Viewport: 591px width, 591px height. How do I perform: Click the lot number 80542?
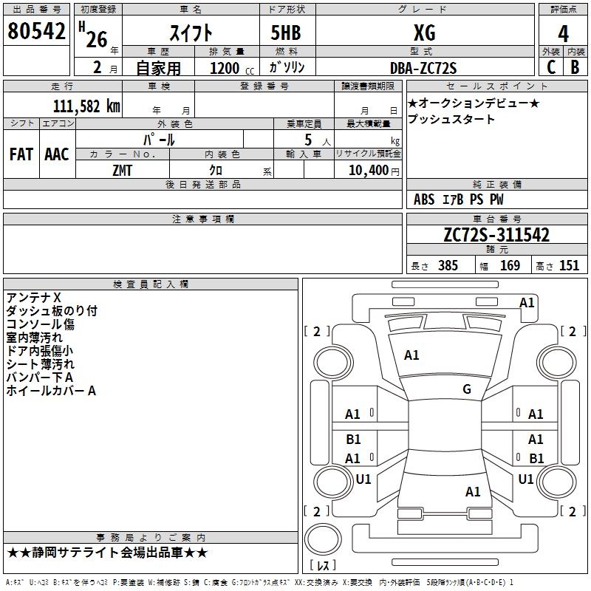36,31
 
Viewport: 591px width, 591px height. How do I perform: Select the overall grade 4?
563,34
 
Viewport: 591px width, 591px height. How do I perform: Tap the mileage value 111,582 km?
86,106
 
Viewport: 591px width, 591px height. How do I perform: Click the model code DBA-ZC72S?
423,68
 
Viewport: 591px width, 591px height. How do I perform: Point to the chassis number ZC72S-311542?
496,235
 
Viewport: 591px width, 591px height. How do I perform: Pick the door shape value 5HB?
286,33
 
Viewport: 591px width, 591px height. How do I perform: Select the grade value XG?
425,33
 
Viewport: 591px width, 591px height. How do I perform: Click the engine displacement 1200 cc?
232,68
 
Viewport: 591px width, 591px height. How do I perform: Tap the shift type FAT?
21,154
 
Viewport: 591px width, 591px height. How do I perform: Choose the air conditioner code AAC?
57,154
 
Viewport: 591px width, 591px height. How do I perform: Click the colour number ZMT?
122,171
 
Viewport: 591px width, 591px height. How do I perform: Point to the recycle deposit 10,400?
369,171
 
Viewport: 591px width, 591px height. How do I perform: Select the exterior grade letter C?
551,67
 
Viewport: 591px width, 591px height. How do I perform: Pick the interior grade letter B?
575,67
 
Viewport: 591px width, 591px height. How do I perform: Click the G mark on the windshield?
467,389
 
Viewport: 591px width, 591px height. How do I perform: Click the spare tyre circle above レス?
323,539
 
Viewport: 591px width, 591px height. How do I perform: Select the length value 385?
448,265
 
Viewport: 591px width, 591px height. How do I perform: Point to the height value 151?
569,265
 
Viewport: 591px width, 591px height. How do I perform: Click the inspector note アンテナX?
33,298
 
